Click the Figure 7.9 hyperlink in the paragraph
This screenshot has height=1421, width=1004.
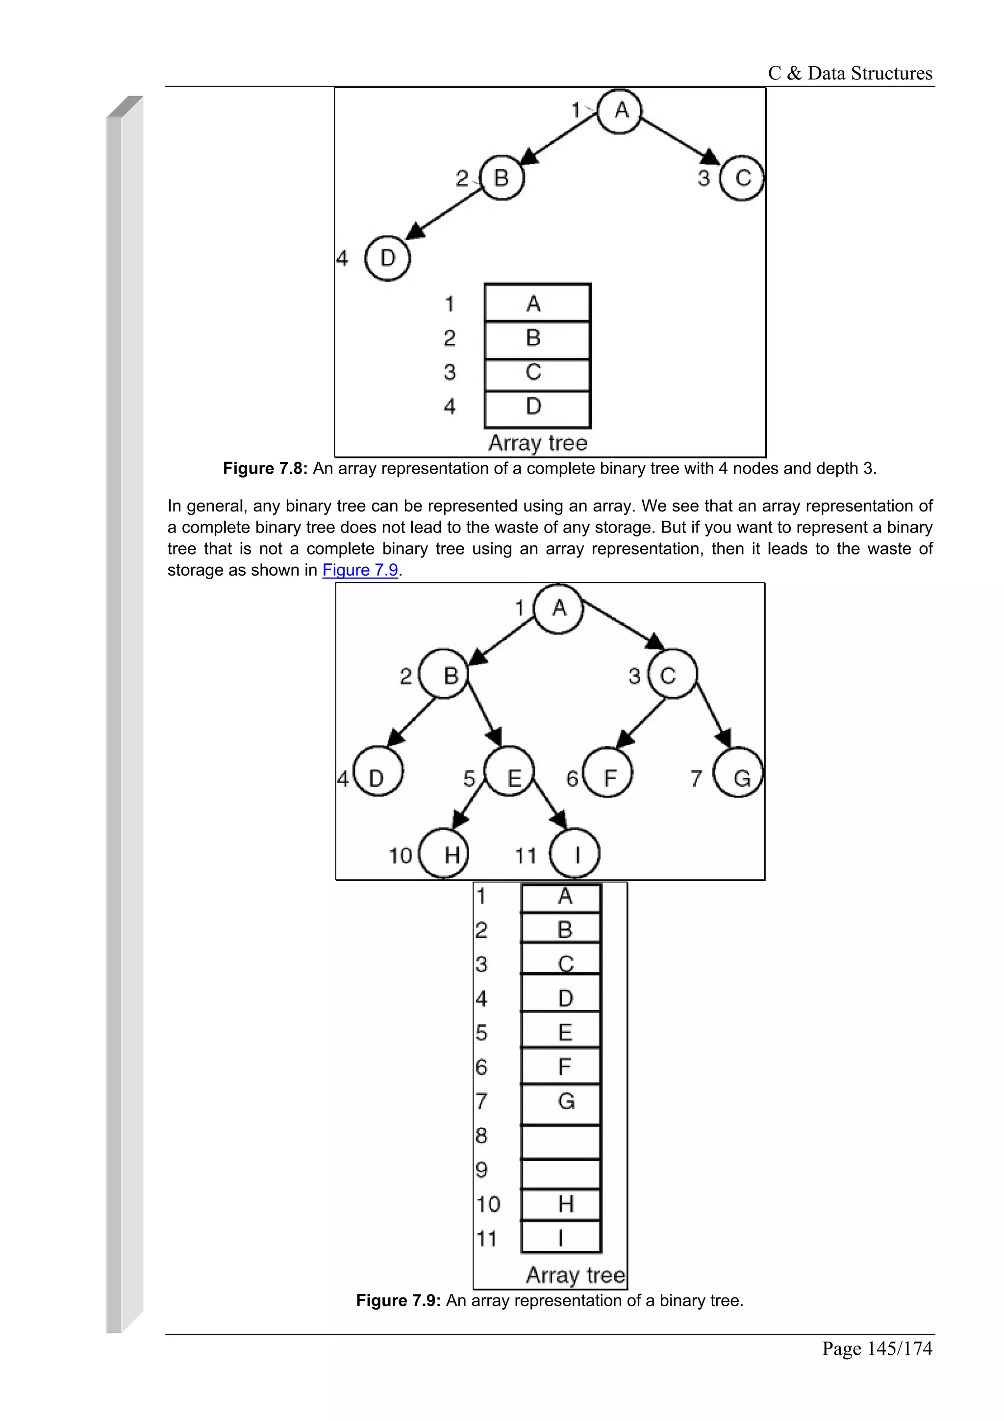(x=360, y=570)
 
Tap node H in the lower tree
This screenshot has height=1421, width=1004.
(x=444, y=854)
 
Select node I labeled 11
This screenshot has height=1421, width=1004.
(x=575, y=854)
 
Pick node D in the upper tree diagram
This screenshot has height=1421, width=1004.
(x=388, y=258)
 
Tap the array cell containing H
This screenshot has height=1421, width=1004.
(x=560, y=1204)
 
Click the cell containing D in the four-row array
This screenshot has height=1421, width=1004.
(x=537, y=408)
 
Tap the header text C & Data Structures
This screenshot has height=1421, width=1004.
(x=850, y=74)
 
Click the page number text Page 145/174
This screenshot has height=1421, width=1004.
(x=876, y=1348)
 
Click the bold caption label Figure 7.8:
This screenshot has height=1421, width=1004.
(x=265, y=468)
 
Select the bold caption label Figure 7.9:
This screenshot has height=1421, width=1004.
(x=398, y=1301)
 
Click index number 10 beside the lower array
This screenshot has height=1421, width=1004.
(x=487, y=1204)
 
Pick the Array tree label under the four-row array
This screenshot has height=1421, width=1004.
(x=537, y=443)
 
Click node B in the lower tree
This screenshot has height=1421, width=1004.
(x=445, y=674)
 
